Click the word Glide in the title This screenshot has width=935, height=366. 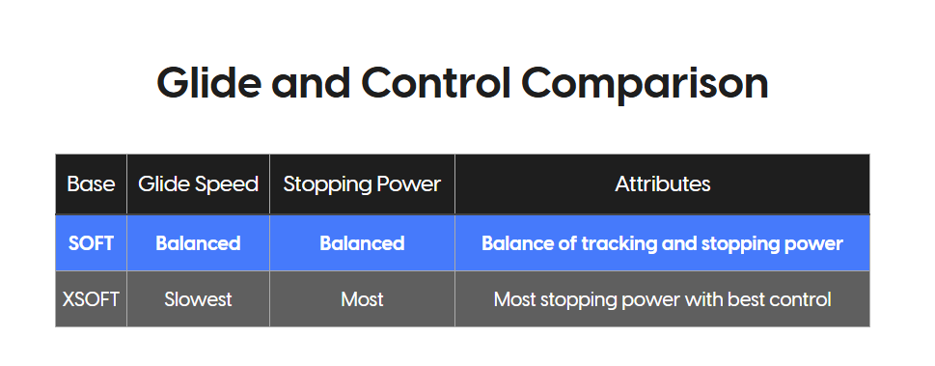tap(208, 82)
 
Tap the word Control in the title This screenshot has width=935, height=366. tap(436, 82)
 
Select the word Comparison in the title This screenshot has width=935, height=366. tap(645, 84)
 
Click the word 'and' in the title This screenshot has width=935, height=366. tap(311, 82)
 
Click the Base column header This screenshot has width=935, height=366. tap(91, 183)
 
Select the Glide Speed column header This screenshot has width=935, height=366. tap(198, 183)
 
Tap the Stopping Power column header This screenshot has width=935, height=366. tap(362, 183)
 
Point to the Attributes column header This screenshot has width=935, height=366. tap(663, 183)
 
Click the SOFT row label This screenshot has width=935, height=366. tap(92, 243)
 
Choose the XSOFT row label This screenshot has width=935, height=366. tap(91, 299)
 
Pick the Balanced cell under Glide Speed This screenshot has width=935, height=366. tap(198, 243)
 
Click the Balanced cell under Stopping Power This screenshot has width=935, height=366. tap(362, 243)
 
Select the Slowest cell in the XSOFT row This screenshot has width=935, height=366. tap(198, 299)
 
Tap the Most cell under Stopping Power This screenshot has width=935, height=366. tap(362, 299)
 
